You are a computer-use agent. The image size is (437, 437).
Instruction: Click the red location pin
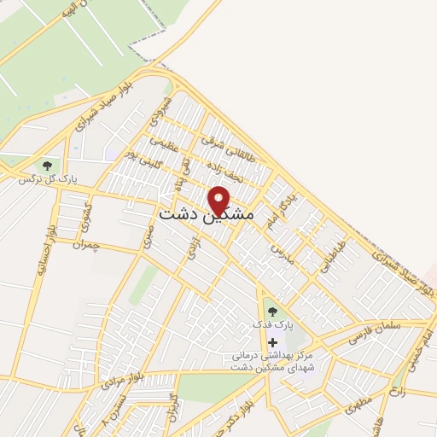[x=219, y=199]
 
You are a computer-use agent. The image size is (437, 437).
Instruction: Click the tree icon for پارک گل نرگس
[x=46, y=166]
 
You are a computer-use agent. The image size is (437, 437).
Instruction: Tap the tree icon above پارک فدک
[x=272, y=312]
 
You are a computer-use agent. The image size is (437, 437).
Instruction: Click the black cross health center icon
[x=272, y=342]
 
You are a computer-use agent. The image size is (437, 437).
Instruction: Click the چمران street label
[x=86, y=245]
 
